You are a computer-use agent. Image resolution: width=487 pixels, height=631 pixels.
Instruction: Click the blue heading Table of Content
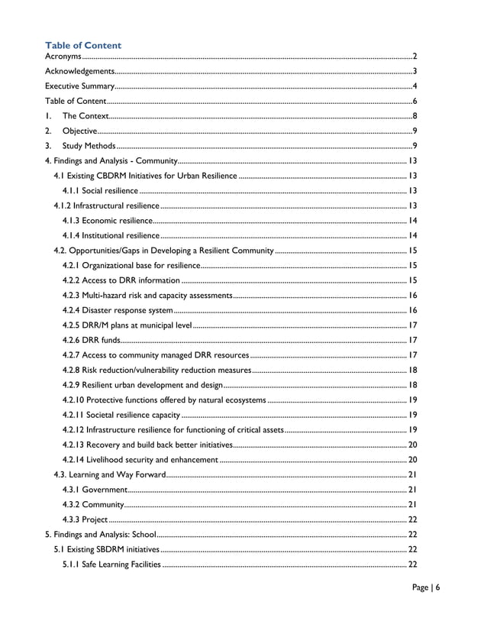[x=83, y=46]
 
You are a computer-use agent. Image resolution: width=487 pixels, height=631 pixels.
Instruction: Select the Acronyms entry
[x=63, y=57]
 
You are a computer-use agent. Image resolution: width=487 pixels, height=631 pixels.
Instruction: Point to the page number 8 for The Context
[x=414, y=116]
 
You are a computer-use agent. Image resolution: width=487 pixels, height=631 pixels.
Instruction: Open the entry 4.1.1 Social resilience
[x=100, y=190]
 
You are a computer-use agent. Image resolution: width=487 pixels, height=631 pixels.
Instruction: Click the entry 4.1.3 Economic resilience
[x=108, y=220]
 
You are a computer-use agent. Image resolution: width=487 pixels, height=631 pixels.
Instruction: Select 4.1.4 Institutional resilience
[x=111, y=235]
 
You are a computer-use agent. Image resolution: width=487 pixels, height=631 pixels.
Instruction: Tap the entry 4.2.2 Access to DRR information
[x=121, y=280]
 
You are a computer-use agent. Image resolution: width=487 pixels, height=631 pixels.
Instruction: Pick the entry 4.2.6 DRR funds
[x=91, y=340]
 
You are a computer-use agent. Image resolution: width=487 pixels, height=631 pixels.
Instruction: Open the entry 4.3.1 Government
[x=95, y=489]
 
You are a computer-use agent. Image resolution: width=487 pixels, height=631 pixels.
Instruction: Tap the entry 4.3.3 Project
[x=85, y=519]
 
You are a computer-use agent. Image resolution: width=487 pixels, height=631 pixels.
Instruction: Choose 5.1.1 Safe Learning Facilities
[x=111, y=565]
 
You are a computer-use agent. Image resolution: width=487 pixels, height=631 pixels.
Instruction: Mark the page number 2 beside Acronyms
[x=414, y=57]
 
